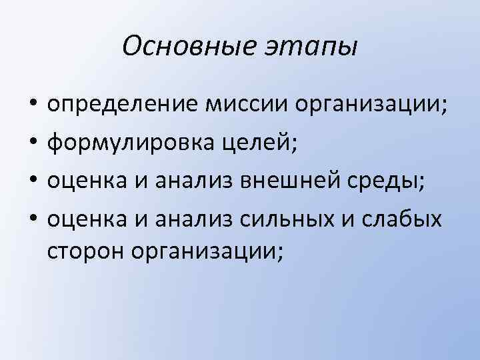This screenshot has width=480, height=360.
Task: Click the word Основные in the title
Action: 176,47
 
